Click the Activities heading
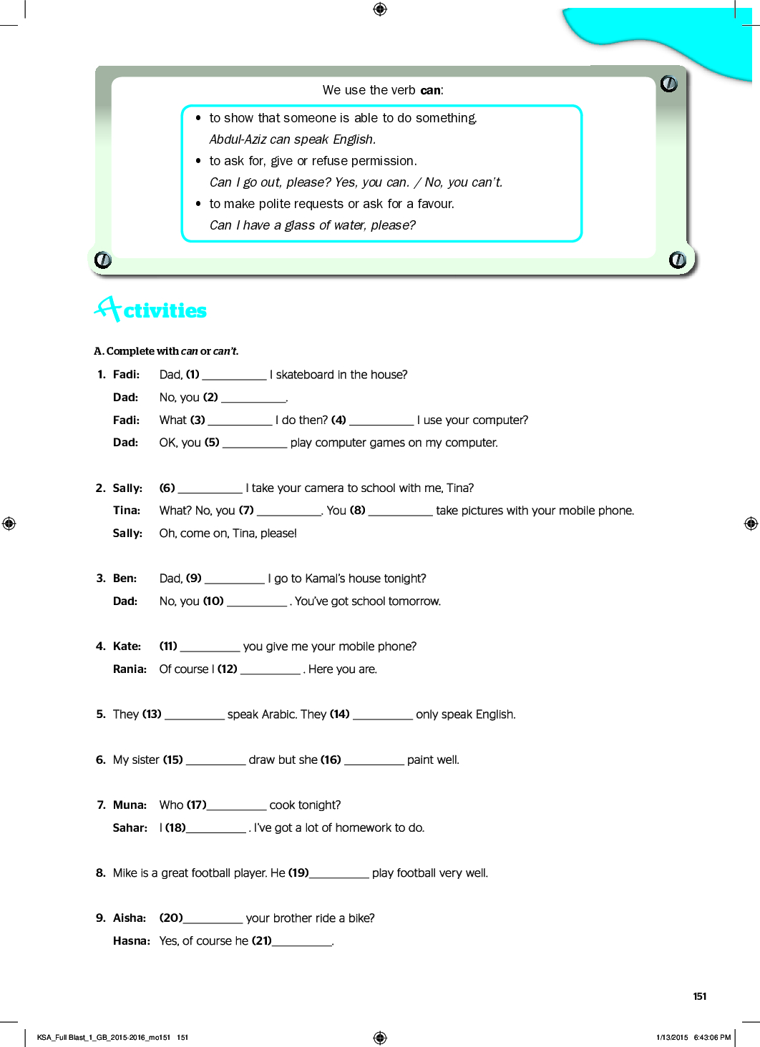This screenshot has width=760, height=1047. point(151,310)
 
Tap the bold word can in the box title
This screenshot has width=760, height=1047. point(430,90)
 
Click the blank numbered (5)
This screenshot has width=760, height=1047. point(255,443)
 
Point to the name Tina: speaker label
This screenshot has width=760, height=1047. point(127,511)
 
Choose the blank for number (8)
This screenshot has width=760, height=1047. point(400,511)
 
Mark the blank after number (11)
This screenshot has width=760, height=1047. point(210,647)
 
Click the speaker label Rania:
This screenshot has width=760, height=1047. point(130,669)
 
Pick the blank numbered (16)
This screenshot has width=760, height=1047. point(374,761)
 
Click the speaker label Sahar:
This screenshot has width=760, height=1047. point(130,828)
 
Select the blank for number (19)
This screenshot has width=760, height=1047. point(339,874)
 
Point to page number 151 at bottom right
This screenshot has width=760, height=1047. point(699,996)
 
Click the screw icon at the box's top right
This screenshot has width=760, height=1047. point(669,84)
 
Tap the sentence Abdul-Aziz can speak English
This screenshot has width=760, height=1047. point(292,139)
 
